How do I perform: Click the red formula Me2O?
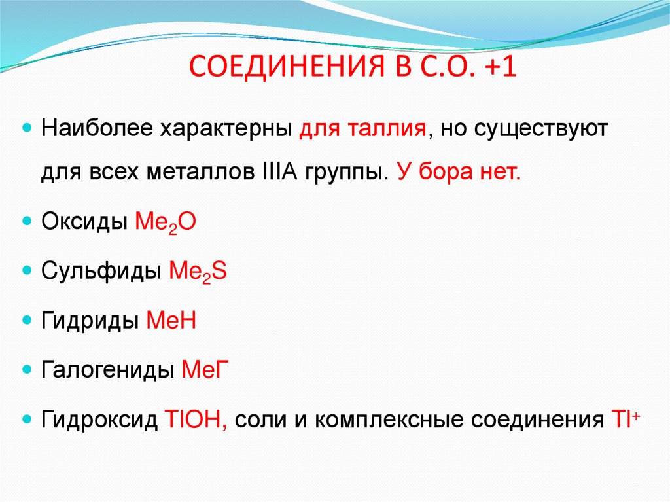(165, 223)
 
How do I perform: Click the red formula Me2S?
(198, 272)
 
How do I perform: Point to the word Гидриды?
(90, 321)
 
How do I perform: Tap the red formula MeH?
(171, 321)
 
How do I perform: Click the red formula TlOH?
(196, 419)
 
